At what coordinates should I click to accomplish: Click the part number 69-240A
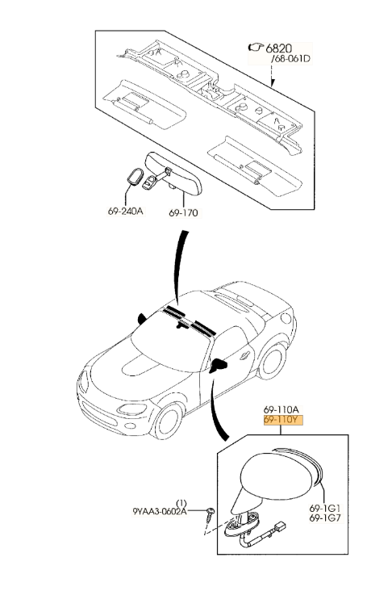click(125, 211)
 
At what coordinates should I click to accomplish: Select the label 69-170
click(183, 213)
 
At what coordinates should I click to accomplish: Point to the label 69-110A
click(281, 409)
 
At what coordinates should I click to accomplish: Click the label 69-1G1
click(324, 508)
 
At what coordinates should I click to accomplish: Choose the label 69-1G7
click(324, 518)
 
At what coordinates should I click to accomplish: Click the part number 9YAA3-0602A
click(160, 511)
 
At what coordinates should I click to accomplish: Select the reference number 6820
click(279, 48)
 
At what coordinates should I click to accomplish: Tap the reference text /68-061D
click(290, 59)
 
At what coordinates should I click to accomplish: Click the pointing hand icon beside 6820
click(256, 47)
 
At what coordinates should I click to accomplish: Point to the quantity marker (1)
click(181, 503)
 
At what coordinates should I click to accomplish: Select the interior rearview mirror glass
click(174, 174)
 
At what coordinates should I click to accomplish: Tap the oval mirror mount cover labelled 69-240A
click(134, 177)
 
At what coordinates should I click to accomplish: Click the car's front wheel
click(168, 421)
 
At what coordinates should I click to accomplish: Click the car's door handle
click(244, 354)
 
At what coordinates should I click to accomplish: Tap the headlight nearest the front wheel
click(131, 409)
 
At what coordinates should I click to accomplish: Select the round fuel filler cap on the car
click(286, 318)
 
